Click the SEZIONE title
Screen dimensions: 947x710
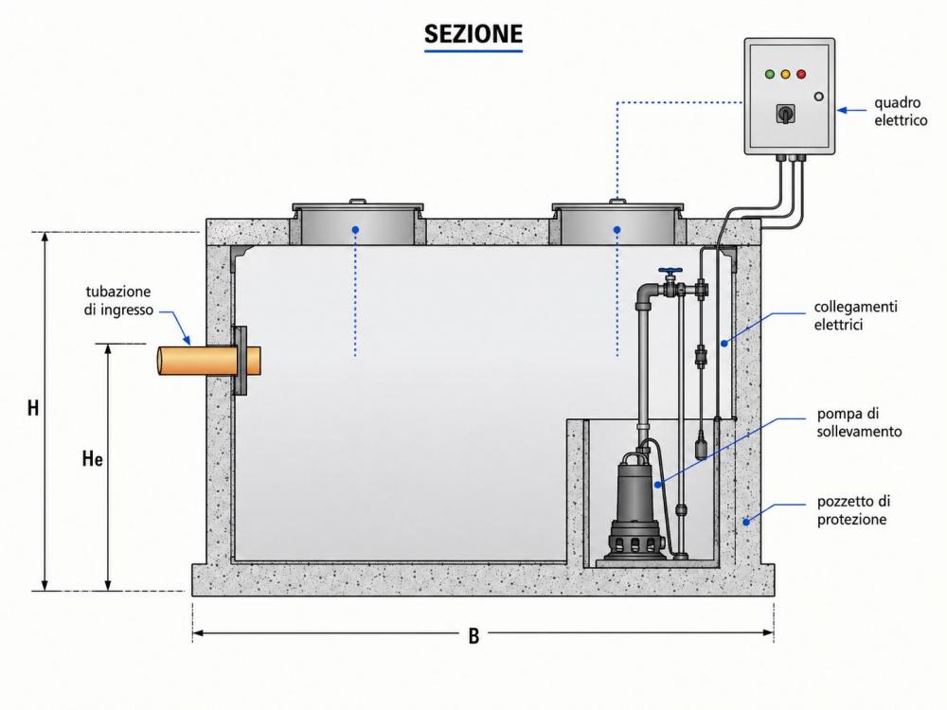coord(473,34)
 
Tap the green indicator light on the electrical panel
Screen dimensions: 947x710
coord(769,74)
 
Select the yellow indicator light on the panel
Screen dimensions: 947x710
coord(785,74)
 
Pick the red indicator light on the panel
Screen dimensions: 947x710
coord(801,74)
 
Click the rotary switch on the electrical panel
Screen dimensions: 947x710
coord(785,114)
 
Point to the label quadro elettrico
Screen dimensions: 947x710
coord(901,112)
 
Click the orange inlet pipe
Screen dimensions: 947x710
coord(209,361)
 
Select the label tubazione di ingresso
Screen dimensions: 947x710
coord(118,301)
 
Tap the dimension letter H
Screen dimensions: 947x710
coord(33,408)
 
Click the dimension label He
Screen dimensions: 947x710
coord(93,459)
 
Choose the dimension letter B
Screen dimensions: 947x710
coord(473,636)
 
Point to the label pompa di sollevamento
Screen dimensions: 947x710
coord(859,422)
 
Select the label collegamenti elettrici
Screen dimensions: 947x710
coord(855,315)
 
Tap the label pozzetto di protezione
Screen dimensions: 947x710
coord(853,510)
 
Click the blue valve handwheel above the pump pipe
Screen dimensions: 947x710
coord(670,271)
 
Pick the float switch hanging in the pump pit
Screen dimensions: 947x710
coord(701,446)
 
